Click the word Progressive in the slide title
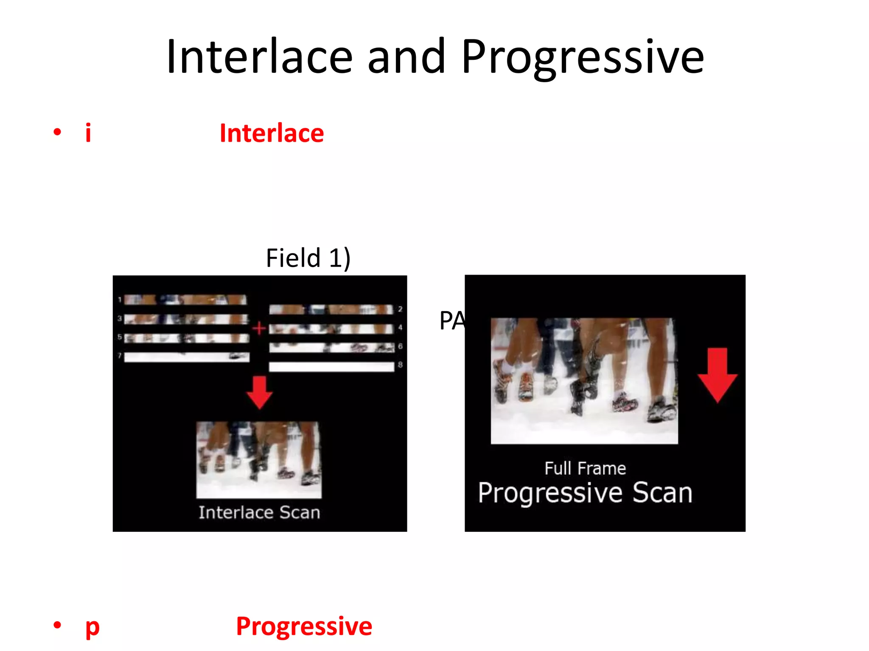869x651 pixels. (x=583, y=57)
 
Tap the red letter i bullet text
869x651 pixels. (x=88, y=133)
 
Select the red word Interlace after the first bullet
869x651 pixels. (x=272, y=133)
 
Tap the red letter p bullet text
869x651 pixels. (x=92, y=626)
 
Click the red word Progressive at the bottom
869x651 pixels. (x=304, y=626)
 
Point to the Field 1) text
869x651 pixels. (x=308, y=258)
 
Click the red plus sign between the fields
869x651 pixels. (x=259, y=328)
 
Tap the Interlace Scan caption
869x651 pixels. (x=259, y=512)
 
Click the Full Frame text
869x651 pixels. (x=585, y=469)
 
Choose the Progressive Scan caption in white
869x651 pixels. (x=585, y=493)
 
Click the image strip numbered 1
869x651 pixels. (x=185, y=300)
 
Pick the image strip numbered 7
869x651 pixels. (x=187, y=357)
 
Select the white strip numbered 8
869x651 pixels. (x=331, y=367)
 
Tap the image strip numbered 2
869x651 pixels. (x=331, y=309)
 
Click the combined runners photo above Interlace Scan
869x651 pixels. (x=259, y=459)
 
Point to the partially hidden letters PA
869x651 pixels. (x=451, y=321)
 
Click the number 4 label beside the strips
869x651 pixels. (x=400, y=328)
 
